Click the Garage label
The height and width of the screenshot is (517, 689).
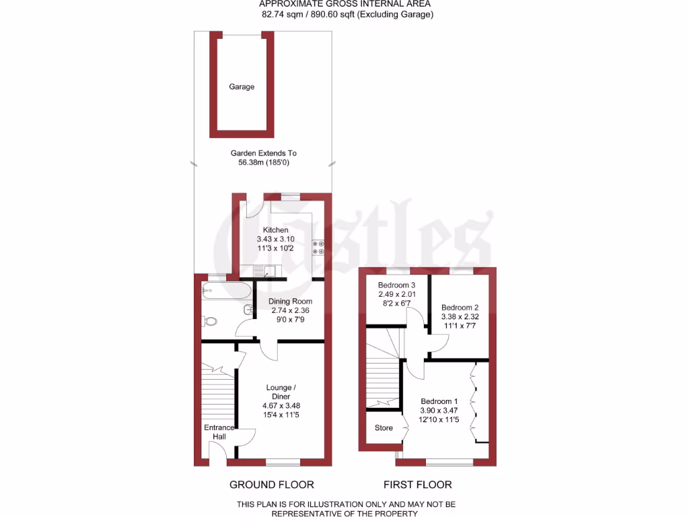(242, 87)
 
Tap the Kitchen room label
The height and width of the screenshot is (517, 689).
(275, 230)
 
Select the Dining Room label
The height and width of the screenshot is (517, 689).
(289, 301)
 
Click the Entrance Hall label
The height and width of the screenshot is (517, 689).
(219, 432)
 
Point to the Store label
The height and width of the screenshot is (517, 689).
(384, 428)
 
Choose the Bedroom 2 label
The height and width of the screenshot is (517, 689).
(460, 307)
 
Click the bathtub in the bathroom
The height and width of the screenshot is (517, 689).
(226, 291)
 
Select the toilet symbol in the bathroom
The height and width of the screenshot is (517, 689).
(209, 321)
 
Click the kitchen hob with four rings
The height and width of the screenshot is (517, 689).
(318, 248)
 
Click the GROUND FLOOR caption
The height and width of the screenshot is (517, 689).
(272, 485)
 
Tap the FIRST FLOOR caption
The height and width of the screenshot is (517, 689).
(418, 485)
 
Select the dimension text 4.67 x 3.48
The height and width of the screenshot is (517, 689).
(279, 405)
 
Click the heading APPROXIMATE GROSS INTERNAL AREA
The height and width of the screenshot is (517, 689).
(344, 4)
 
